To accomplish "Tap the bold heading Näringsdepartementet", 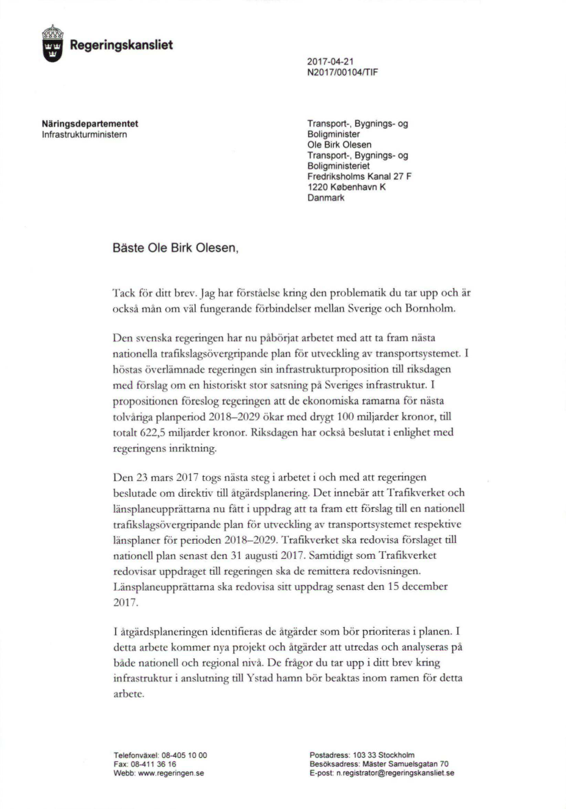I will pos(90,124).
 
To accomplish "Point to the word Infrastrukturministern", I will pos(85,134).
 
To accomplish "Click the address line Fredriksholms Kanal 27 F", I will pos(360,177).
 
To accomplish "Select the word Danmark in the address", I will pos(325,198).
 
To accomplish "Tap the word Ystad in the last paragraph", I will pos(282,678).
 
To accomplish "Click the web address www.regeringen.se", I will pos(171,773).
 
